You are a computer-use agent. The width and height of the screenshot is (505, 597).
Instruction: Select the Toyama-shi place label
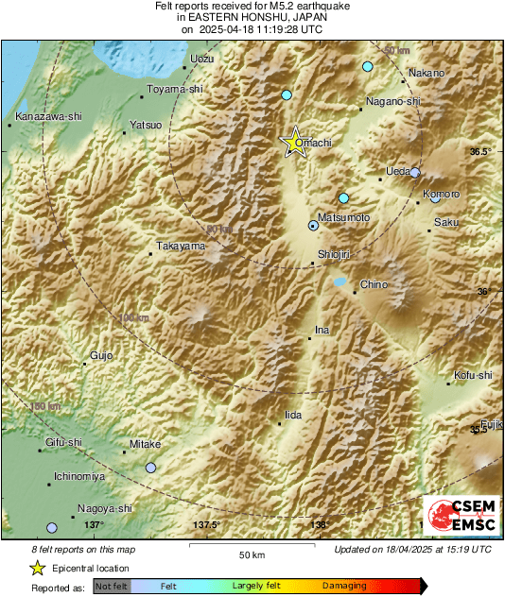175,91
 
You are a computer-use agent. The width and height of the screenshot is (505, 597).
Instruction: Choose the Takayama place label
181,247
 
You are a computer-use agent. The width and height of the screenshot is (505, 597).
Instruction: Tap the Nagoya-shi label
105,508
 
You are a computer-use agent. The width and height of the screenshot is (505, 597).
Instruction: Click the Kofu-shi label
473,376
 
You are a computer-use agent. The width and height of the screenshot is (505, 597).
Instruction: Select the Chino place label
374,284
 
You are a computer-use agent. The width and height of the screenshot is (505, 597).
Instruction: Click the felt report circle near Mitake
150,468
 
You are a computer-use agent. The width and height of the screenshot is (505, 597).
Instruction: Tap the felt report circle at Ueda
414,173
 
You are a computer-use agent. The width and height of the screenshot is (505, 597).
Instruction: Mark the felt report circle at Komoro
435,197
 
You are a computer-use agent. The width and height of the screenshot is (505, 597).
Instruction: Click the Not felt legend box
112,587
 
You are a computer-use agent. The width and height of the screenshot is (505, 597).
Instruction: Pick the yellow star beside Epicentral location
37,569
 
